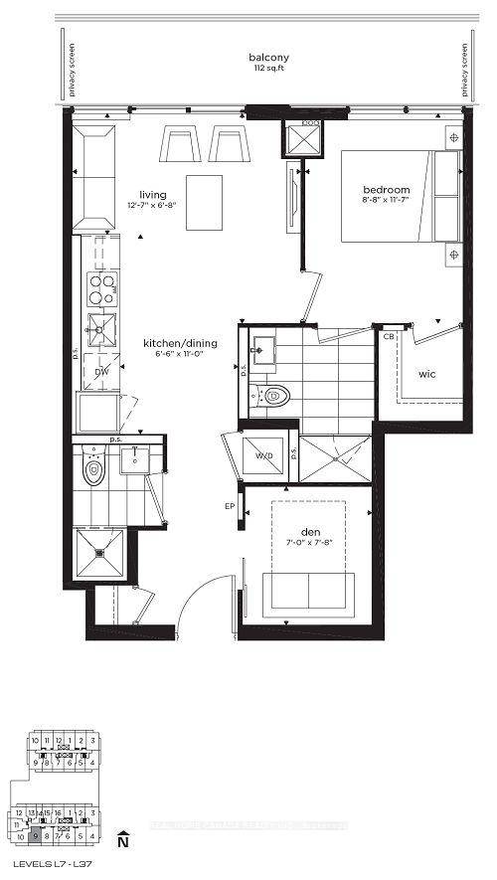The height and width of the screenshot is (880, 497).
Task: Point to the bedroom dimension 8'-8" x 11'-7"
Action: click(387, 203)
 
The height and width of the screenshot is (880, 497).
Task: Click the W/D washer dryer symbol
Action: click(264, 456)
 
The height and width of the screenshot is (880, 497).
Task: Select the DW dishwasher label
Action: click(100, 372)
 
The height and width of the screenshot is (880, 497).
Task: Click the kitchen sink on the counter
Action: click(101, 324)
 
